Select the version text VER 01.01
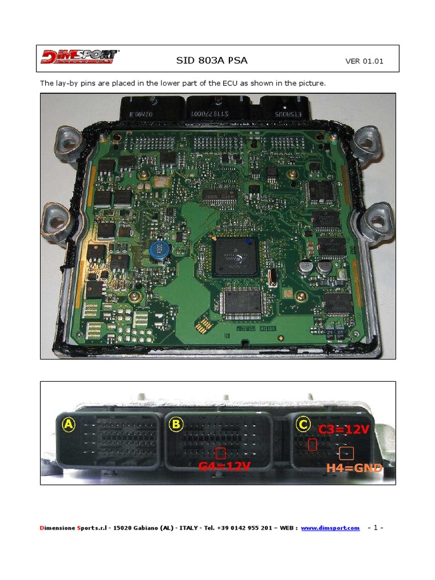(x=364, y=61)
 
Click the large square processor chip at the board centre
(x=235, y=257)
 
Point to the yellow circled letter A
(x=69, y=425)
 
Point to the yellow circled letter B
(x=176, y=425)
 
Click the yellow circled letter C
(x=304, y=425)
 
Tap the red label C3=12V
(x=344, y=429)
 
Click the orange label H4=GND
(x=354, y=468)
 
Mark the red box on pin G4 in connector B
(x=221, y=453)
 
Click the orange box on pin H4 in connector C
(x=346, y=453)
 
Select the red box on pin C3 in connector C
(x=312, y=445)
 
